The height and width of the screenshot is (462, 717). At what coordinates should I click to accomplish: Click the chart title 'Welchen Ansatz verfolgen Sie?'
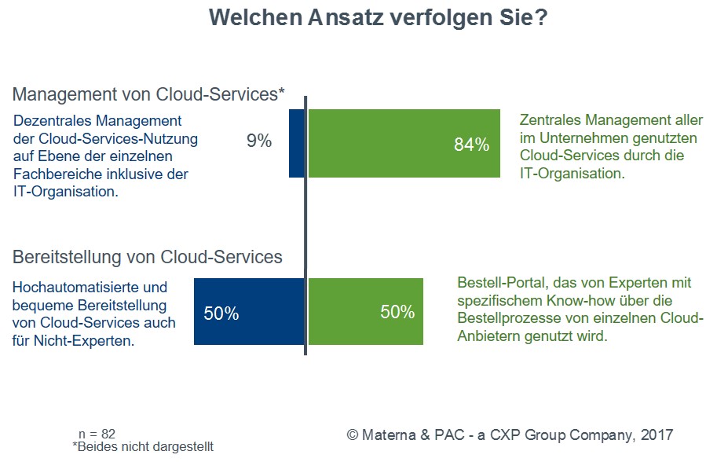[x=378, y=19]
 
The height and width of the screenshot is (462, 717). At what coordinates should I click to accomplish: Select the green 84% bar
[x=404, y=143]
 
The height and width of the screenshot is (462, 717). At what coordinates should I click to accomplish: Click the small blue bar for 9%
[x=297, y=143]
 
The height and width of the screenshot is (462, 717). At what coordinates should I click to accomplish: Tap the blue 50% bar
[x=249, y=312]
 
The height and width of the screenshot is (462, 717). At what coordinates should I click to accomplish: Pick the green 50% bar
[x=365, y=312]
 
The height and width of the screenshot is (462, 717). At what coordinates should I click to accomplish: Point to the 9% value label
[x=258, y=141]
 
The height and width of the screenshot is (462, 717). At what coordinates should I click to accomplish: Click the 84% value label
[x=471, y=145]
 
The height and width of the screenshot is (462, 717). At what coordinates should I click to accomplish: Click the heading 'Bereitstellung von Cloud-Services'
[x=147, y=257]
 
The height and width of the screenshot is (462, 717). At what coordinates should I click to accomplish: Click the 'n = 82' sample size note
[x=97, y=434]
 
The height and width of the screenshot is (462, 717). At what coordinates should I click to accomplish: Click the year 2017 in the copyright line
[x=657, y=434]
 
